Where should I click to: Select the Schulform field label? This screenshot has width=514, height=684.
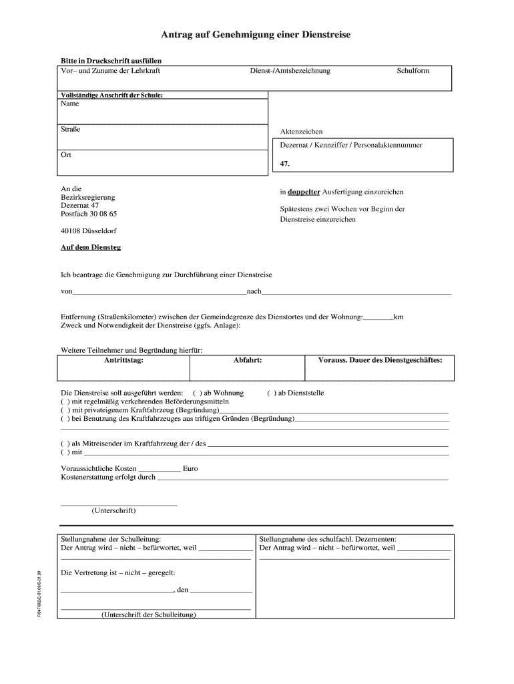coord(413,70)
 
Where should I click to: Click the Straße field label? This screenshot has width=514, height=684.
coord(70,129)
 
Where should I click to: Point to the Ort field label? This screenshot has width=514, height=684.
coord(66,154)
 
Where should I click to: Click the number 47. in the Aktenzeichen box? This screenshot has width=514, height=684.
coord(284,163)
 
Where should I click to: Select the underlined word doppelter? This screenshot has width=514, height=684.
coord(304,192)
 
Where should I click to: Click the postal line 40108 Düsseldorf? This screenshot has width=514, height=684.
coord(88,231)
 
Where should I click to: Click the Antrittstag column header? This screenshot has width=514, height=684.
coord(123,360)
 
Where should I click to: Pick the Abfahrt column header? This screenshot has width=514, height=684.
coord(247,360)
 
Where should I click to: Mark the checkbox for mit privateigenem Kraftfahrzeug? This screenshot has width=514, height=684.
coord(65,410)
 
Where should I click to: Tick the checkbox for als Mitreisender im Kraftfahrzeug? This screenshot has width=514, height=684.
coord(65,444)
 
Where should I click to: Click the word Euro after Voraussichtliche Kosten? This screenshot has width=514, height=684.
coord(190,469)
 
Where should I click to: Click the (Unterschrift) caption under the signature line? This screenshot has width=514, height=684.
coord(113,511)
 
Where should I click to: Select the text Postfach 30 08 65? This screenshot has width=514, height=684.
coord(89,214)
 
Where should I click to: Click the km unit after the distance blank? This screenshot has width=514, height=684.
coord(399,317)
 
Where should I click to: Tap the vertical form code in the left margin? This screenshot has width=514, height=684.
coord(40,593)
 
